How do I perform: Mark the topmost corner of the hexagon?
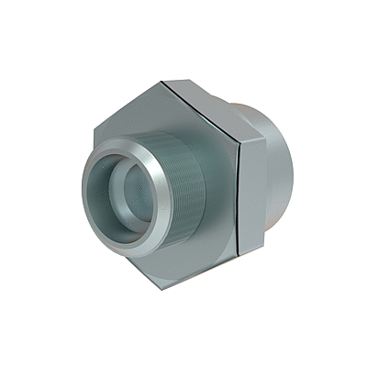point(161,80)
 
